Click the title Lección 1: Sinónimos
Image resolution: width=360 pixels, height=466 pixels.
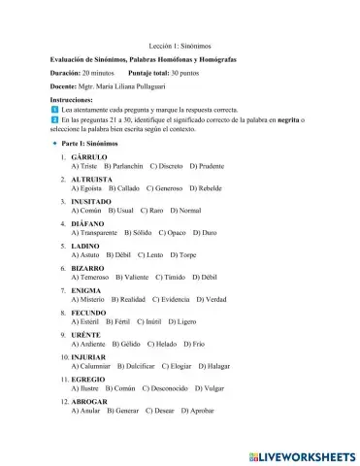[180, 46]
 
